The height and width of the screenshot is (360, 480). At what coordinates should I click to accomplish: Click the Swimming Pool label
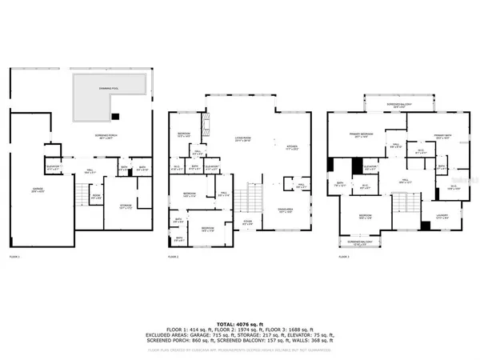pyautogui.click(x=109, y=81)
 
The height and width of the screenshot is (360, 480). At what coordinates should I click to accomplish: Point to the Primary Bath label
pyautogui.click(x=443, y=136)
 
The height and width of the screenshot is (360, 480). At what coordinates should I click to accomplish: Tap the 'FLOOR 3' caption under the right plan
pyautogui.click(x=344, y=257)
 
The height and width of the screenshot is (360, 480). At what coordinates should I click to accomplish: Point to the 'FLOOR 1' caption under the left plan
pyautogui.click(x=14, y=257)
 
